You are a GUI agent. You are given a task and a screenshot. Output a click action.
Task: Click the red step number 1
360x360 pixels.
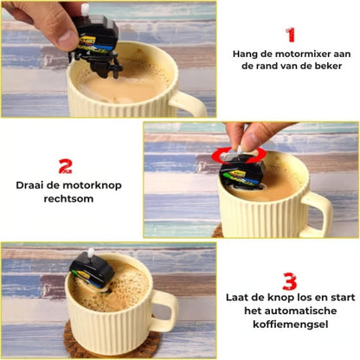coord(291,35)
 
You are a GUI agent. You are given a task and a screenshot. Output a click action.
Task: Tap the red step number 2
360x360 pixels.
coord(65,166)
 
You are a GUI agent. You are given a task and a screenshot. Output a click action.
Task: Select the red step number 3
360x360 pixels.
coord(290,281)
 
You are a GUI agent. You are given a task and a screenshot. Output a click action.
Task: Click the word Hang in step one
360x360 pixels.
coord(246,55)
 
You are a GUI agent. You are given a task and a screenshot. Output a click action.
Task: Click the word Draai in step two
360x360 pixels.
coord(31,185)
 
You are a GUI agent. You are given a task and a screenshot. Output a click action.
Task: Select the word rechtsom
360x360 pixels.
coord(65,198)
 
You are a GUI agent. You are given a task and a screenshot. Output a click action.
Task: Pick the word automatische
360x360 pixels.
coord(300,313)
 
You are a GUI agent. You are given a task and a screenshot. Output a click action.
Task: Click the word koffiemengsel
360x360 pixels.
coord(290,327)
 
